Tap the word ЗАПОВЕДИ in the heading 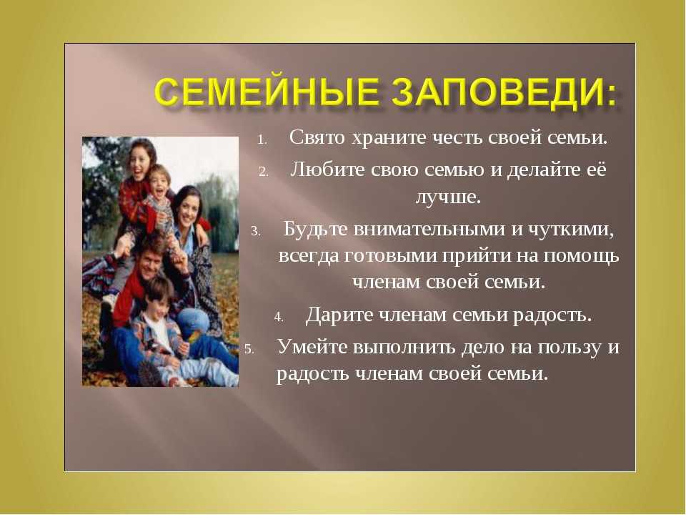tap(495, 92)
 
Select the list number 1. tap(262, 141)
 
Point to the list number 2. tap(263, 172)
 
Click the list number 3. tap(256, 231)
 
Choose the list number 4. tap(279, 317)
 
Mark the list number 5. tap(249, 349)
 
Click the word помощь tap(581, 256)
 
